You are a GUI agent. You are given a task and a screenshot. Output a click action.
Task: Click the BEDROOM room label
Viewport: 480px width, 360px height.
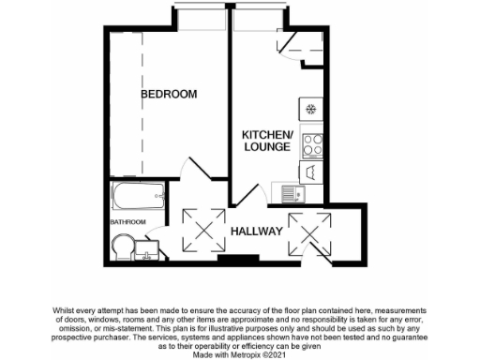(169, 94)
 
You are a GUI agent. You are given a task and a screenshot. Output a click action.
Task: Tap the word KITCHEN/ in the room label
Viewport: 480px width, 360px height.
(268, 135)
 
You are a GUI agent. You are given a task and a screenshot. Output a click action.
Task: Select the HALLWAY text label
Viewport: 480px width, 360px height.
(257, 231)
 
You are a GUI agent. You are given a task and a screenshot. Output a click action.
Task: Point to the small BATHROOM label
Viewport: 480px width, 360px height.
(128, 222)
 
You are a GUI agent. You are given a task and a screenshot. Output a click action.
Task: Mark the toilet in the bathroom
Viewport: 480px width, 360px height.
(120, 248)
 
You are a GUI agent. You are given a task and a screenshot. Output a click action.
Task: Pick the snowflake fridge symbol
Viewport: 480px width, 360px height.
(310, 109)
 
